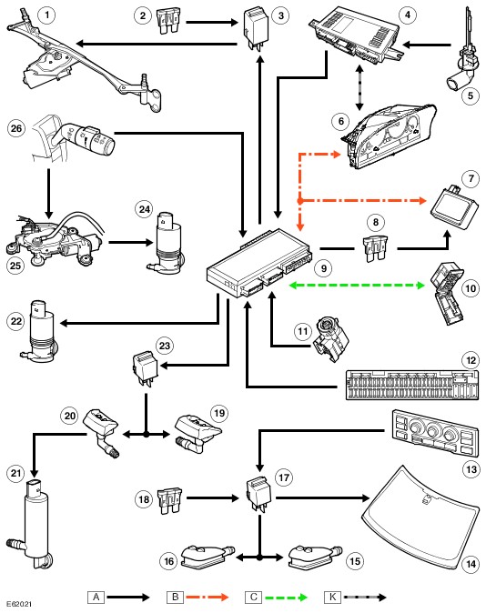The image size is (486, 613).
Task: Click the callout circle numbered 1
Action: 47,15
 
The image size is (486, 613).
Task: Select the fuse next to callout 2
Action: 169,22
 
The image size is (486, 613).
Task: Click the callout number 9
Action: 324,268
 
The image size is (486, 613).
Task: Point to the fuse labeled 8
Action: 376,248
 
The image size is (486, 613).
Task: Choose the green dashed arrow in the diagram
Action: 356,285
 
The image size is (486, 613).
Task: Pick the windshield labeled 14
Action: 420,518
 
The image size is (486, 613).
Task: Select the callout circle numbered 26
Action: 16,128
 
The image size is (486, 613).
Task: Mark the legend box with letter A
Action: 96,597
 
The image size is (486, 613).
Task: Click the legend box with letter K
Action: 332,597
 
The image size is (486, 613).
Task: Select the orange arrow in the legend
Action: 208,597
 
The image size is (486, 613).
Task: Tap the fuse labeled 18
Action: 170,500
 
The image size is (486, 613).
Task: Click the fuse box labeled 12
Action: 412,385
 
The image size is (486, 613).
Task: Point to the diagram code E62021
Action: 19,604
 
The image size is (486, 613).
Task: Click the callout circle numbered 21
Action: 16,474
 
